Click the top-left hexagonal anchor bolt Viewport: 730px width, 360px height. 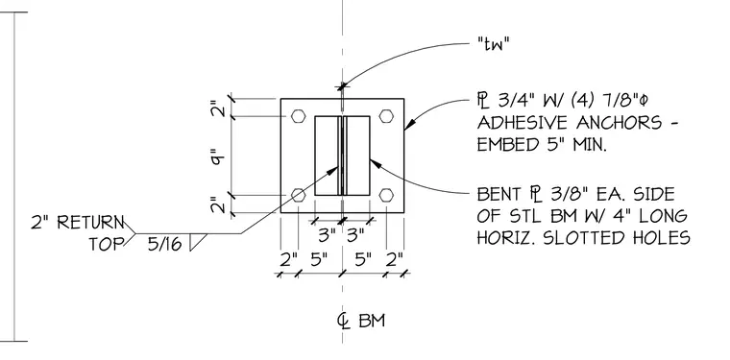[x=299, y=116]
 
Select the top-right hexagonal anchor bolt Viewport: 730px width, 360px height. [x=386, y=116]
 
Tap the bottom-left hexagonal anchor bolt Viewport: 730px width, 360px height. [x=299, y=195]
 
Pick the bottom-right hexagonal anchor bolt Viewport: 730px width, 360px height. [x=386, y=195]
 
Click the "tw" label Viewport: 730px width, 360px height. [x=494, y=45]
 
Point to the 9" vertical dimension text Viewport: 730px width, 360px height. [x=218, y=156]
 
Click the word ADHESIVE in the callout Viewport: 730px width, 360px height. [x=523, y=123]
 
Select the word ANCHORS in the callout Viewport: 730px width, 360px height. [x=619, y=123]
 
